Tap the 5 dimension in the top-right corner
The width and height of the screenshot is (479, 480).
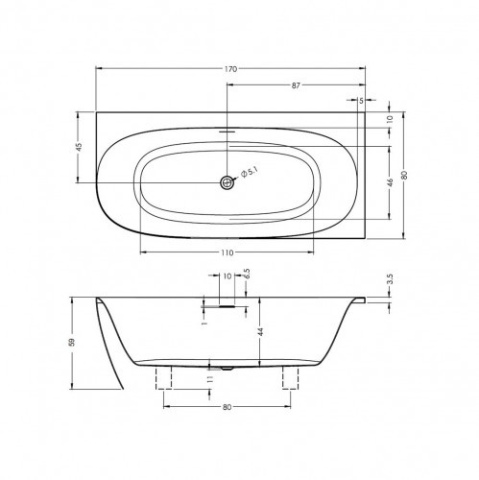click(361, 100)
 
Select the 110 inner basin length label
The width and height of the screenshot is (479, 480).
click(228, 252)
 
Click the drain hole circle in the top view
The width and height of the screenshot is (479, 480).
click(228, 180)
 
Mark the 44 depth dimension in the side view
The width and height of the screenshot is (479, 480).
click(260, 331)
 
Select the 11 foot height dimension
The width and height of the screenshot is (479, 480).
click(210, 378)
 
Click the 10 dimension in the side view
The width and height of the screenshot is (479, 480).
click(228, 276)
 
